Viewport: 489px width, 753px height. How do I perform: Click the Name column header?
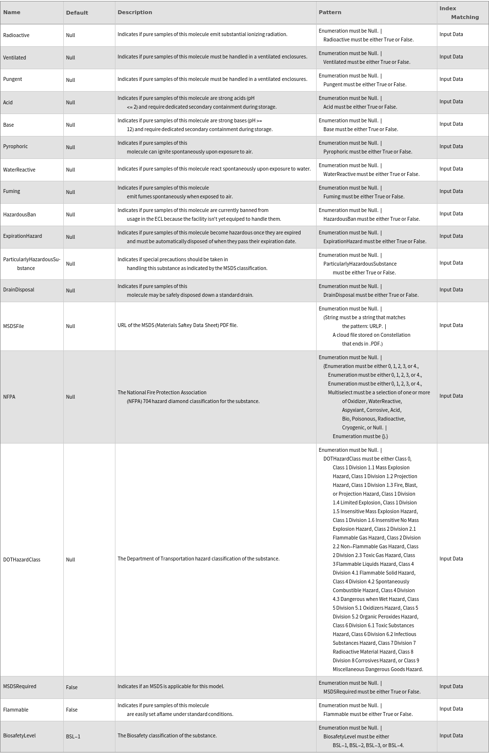click(x=12, y=12)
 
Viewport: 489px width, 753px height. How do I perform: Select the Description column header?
click(x=135, y=12)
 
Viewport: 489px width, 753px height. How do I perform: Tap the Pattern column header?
click(x=330, y=12)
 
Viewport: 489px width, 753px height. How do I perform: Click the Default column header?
click(x=77, y=13)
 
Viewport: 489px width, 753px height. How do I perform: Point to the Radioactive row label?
click(x=16, y=35)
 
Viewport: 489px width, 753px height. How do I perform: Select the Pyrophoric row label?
click(x=16, y=146)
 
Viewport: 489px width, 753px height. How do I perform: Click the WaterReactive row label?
click(x=19, y=170)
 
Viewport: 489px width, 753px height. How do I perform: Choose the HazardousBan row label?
click(x=19, y=214)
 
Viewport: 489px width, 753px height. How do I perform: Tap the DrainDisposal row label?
click(x=19, y=290)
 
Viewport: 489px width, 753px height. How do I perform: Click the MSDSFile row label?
click(x=14, y=326)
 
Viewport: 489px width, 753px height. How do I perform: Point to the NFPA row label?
click(x=9, y=397)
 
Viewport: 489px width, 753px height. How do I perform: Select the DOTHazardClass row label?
click(x=21, y=560)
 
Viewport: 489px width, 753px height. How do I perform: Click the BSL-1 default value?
click(x=73, y=736)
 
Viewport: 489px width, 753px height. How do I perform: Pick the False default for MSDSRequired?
click(x=72, y=687)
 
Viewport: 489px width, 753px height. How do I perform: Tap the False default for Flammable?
click(x=72, y=710)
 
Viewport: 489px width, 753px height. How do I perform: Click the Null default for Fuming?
click(x=71, y=192)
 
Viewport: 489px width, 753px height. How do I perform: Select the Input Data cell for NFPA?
click(x=451, y=396)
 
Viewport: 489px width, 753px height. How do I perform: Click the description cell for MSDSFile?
click(x=177, y=325)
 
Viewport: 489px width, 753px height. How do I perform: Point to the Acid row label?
click(x=8, y=102)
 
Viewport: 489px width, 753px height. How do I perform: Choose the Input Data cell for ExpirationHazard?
click(x=451, y=236)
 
